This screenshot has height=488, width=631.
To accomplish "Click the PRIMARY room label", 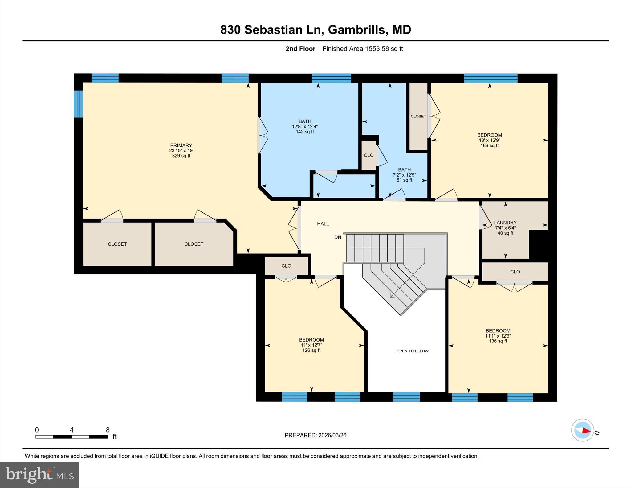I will (x=181, y=145).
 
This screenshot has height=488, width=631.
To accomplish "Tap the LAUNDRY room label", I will (x=505, y=223).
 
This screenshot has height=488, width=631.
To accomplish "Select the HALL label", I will (x=323, y=224).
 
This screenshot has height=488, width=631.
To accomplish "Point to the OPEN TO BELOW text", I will (x=412, y=351).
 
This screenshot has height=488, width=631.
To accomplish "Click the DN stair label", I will (x=338, y=237).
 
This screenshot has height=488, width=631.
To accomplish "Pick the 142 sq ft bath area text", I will (x=305, y=132).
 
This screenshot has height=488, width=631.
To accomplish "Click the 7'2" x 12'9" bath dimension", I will (x=404, y=175).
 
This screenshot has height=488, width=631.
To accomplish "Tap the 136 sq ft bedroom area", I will (x=498, y=341).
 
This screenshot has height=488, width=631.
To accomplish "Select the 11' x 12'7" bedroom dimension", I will (x=311, y=345).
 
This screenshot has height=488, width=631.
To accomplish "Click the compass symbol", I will (x=582, y=430).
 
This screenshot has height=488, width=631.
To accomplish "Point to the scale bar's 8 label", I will (x=108, y=430).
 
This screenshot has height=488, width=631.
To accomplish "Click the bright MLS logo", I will (x=40, y=475).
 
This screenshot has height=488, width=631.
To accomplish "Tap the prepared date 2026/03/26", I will (x=332, y=435).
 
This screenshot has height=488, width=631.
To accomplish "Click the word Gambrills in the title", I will (x=356, y=30).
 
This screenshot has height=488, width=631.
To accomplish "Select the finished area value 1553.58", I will (x=377, y=49).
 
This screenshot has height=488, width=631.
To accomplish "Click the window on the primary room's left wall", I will (x=78, y=104).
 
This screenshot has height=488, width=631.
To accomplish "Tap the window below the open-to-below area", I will (x=406, y=397).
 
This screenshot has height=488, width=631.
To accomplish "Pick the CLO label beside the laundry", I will (x=515, y=272).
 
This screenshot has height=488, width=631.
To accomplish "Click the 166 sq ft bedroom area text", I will (x=490, y=146).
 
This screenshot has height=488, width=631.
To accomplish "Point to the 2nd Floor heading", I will (x=300, y=49).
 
